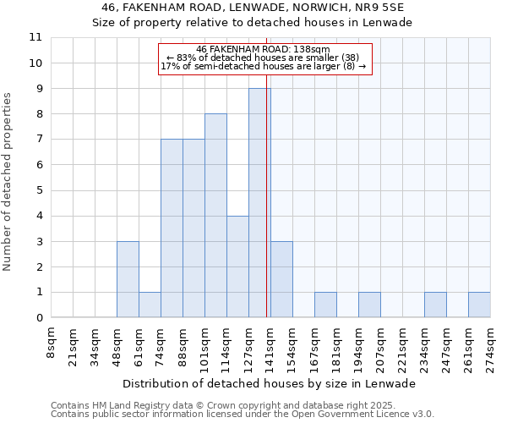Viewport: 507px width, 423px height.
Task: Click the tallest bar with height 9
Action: pyautogui.click(x=259, y=203)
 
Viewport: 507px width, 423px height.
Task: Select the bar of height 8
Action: pyautogui.click(x=215, y=216)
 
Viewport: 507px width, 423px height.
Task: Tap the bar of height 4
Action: pyautogui.click(x=237, y=266)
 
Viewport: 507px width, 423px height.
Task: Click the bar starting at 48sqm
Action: pyautogui.click(x=128, y=279)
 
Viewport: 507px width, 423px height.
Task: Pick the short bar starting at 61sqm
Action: pyautogui.click(x=150, y=305)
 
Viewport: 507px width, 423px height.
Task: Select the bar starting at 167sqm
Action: pyautogui.click(x=325, y=305)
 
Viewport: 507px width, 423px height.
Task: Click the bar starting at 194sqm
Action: pyautogui.click(x=369, y=305)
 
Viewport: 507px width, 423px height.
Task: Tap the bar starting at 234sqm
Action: pyautogui.click(x=435, y=305)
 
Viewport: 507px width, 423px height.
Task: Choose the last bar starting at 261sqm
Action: pyautogui.click(x=479, y=305)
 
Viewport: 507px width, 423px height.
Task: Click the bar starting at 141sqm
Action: pyautogui.click(x=281, y=279)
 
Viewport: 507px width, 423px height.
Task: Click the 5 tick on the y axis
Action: pyautogui.click(x=39, y=190)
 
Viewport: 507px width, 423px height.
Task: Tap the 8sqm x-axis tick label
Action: pyautogui.click(x=52, y=342)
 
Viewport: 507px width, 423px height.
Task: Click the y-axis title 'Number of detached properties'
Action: pyautogui.click(x=8, y=183)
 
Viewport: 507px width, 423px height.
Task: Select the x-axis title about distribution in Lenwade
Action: pyautogui.click(x=275, y=383)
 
